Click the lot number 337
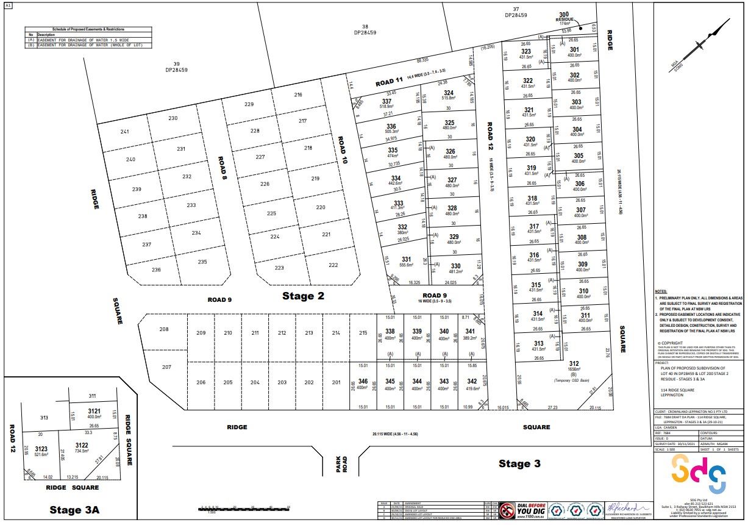(x=386, y=101)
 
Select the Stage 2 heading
(x=303, y=296)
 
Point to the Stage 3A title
(x=74, y=510)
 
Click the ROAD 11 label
(x=389, y=82)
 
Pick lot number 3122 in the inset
(x=82, y=445)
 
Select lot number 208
(x=164, y=330)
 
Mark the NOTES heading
(x=661, y=292)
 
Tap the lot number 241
(x=125, y=132)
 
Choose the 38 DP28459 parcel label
(x=365, y=29)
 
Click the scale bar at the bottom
(x=244, y=507)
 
